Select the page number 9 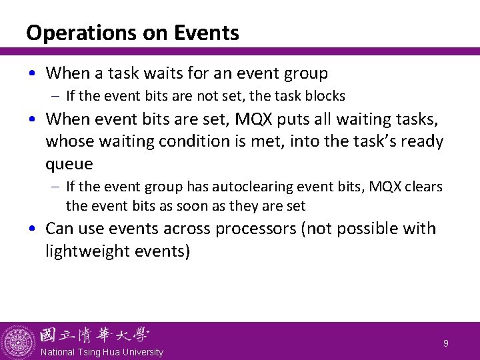click(x=446, y=343)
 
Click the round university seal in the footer click(x=18, y=341)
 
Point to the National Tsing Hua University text click(x=101, y=352)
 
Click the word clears click(x=421, y=187)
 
